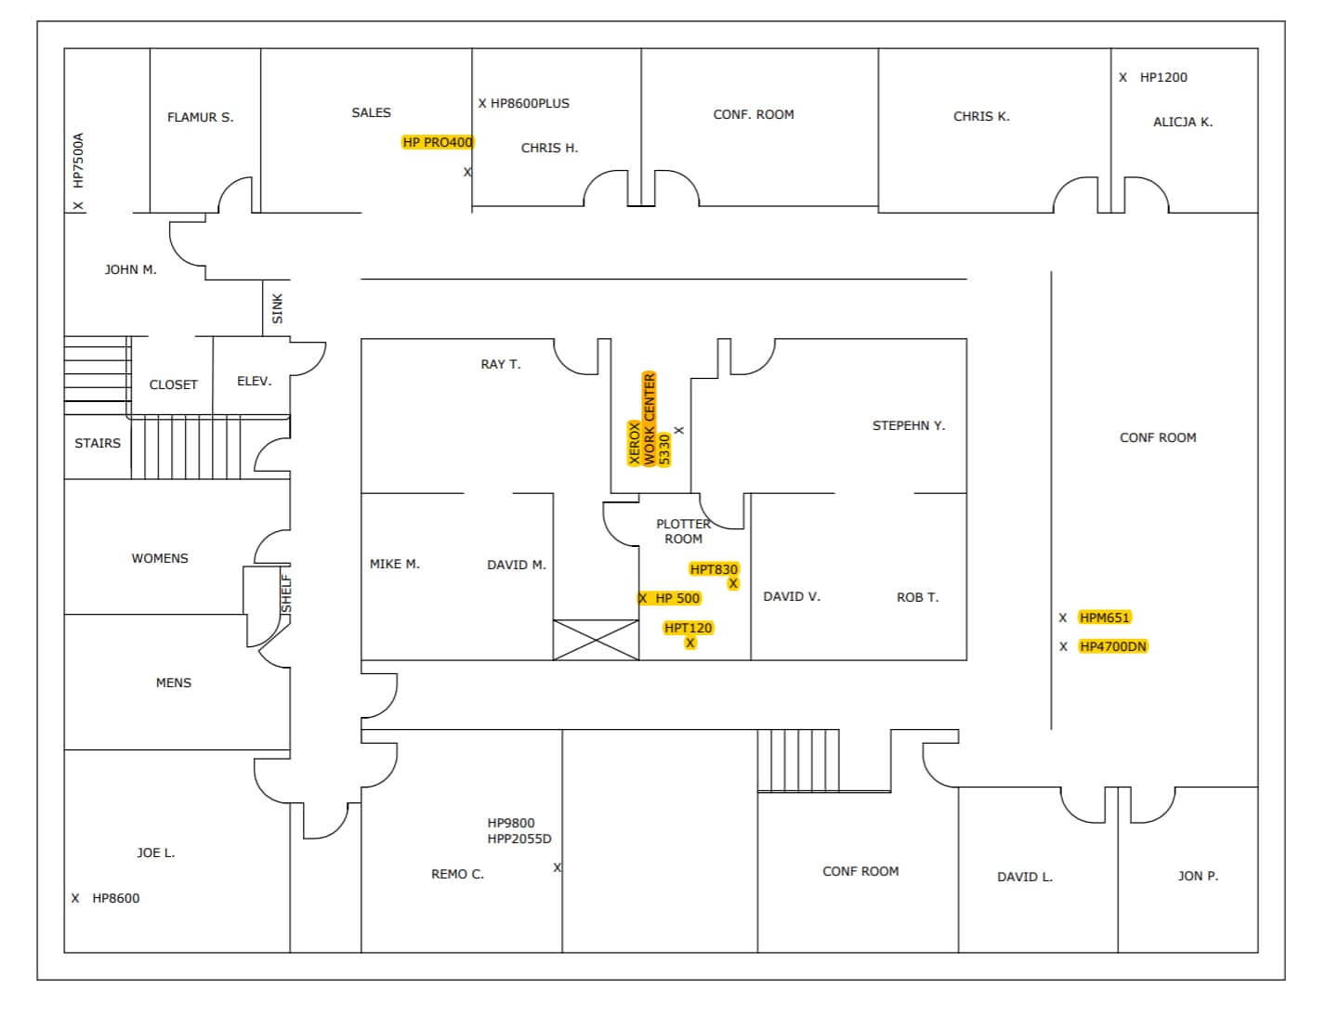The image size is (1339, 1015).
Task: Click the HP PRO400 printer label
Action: click(438, 142)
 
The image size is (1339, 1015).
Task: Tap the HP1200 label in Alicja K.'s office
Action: click(1162, 77)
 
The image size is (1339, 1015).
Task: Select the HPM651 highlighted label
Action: click(1104, 618)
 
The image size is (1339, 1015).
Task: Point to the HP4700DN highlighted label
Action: click(1112, 646)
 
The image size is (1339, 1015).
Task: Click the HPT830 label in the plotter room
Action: click(714, 569)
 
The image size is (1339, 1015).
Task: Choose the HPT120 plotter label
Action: click(688, 628)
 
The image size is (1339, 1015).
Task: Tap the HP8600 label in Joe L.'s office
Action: click(115, 898)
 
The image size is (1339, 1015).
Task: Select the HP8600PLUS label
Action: click(529, 103)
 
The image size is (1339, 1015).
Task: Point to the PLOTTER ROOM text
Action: click(683, 531)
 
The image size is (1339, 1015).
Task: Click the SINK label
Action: click(277, 308)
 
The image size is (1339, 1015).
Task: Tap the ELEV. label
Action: click(254, 381)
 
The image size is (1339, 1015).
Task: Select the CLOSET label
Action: click(173, 384)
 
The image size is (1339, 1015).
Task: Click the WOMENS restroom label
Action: click(160, 558)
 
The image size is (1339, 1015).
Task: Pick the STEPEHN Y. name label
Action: click(908, 425)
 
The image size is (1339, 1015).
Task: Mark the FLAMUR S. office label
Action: click(200, 117)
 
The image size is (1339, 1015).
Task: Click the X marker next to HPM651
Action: click(1063, 618)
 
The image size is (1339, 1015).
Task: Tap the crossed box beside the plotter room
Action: click(596, 640)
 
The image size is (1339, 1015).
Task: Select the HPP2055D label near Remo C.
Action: click(519, 839)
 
